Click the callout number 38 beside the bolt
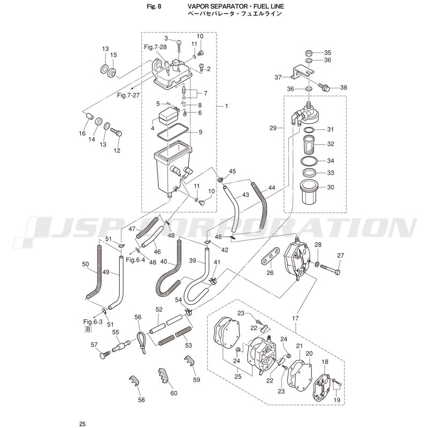coord(343,87)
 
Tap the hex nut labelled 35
coord(309,52)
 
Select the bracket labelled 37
coord(302,72)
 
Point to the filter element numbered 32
coord(310,144)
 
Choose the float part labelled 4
coord(168,116)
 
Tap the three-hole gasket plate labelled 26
coord(270,256)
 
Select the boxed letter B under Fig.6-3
coord(88,329)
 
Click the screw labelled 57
coord(104,355)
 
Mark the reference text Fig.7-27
coord(128,95)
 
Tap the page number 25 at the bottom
coord(82,424)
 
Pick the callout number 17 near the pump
coord(295,318)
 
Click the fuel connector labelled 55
coord(120,347)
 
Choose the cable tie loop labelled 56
coord(141,342)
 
